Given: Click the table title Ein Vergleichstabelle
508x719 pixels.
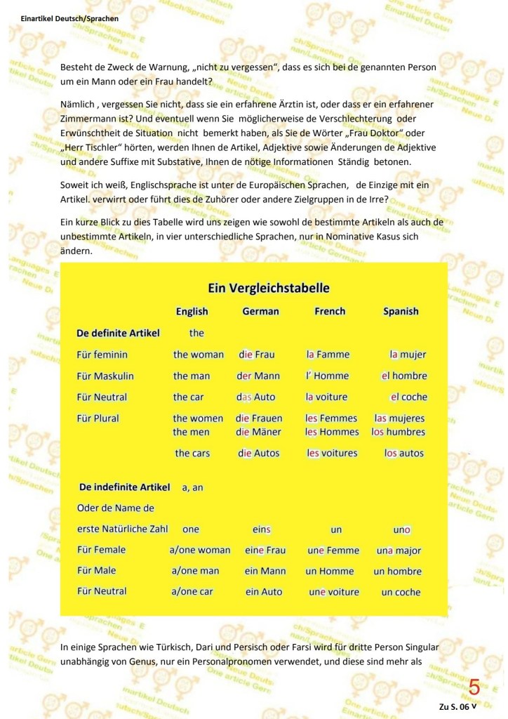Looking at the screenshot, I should [x=269, y=288].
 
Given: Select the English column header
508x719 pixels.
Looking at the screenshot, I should [x=192, y=311].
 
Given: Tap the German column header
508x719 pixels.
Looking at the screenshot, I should [x=260, y=311].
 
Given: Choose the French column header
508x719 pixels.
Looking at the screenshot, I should [x=330, y=311].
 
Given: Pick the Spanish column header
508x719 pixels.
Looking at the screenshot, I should [x=401, y=311].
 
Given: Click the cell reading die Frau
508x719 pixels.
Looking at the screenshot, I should [x=257, y=355].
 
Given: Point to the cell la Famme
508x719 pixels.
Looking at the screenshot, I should [x=328, y=355].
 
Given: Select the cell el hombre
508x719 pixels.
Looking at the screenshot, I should [x=404, y=376].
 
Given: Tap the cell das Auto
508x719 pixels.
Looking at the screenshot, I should [x=255, y=397].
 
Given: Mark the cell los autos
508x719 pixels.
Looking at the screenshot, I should [x=404, y=453].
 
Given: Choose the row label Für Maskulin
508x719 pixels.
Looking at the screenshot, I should [x=105, y=376].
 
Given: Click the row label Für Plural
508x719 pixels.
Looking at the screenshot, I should [x=98, y=418].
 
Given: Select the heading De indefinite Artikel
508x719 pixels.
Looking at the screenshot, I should [x=125, y=486].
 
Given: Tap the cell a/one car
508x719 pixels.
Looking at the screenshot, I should [x=192, y=591].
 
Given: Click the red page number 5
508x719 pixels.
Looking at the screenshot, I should [x=474, y=686].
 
